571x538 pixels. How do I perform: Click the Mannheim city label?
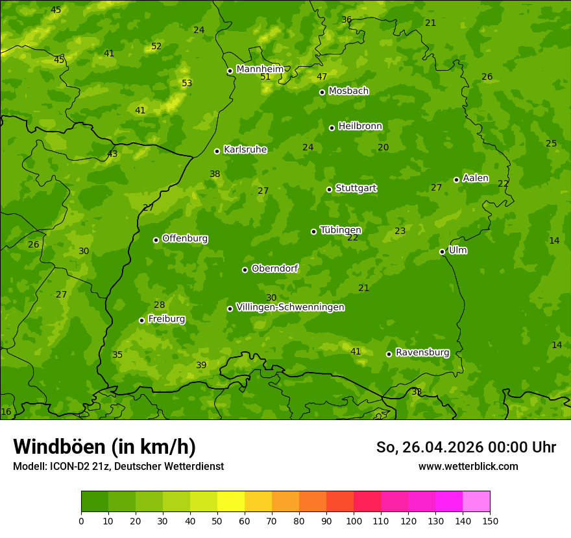click(260, 69)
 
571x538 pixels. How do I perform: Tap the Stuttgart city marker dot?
click(329, 189)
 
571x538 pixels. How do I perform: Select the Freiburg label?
click(166, 319)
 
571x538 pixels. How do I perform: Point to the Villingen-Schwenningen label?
click(290, 307)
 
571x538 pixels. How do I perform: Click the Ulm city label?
click(457, 250)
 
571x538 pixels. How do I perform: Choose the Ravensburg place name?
click(422, 353)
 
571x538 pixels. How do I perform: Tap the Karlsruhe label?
click(245, 150)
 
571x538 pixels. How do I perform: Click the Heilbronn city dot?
click(332, 128)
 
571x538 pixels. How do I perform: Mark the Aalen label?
click(476, 178)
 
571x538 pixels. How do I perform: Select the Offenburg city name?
click(185, 239)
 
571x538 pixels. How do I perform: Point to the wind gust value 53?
click(187, 83)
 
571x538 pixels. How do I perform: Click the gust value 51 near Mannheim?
click(265, 76)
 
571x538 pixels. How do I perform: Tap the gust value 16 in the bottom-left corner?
click(6, 412)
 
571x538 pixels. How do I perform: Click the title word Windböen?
click(59, 447)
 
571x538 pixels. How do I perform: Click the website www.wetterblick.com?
click(468, 466)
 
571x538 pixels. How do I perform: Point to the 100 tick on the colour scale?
click(354, 520)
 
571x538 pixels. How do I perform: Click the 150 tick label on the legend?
click(490, 520)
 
